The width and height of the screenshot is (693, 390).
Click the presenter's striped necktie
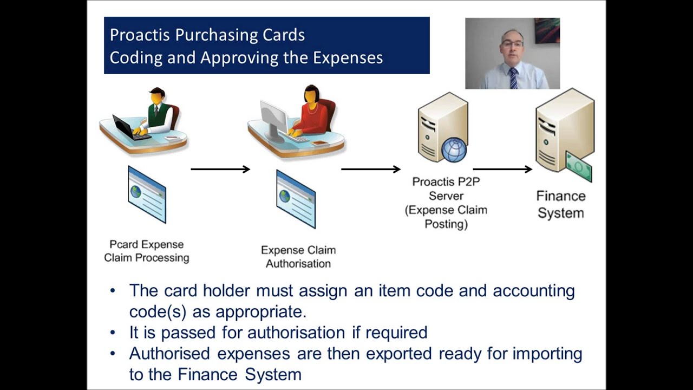click(513, 78)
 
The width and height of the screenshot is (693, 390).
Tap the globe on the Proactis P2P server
click(454, 149)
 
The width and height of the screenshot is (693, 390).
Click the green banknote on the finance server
click(578, 166)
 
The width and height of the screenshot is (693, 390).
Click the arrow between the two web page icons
click(220, 170)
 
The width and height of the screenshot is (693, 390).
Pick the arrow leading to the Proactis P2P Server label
click(370, 170)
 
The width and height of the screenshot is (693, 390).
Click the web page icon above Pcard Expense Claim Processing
click(147, 194)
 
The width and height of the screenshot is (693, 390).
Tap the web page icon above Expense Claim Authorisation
click(296, 199)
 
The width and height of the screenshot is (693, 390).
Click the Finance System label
click(560, 204)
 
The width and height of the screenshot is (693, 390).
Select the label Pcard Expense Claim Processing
click(146, 251)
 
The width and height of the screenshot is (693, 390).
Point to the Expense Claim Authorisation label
click(298, 257)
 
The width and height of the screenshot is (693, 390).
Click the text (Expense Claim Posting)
click(446, 217)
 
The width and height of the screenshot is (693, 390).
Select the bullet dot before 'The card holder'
click(113, 290)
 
